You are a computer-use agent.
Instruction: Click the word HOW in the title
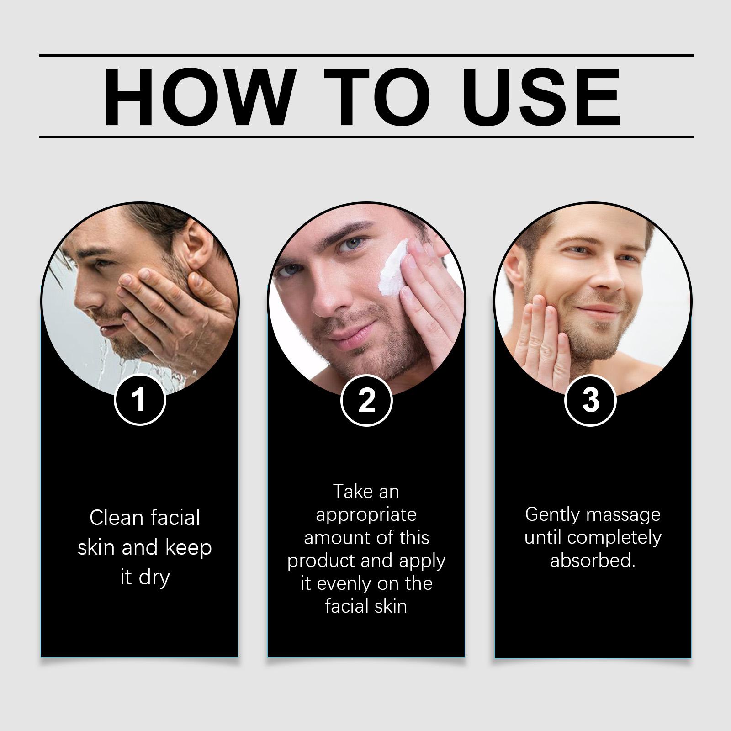tap(197, 97)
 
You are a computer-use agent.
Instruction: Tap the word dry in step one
tap(154, 578)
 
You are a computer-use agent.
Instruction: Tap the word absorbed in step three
tap(593, 561)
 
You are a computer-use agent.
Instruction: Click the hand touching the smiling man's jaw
tap(544, 338)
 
